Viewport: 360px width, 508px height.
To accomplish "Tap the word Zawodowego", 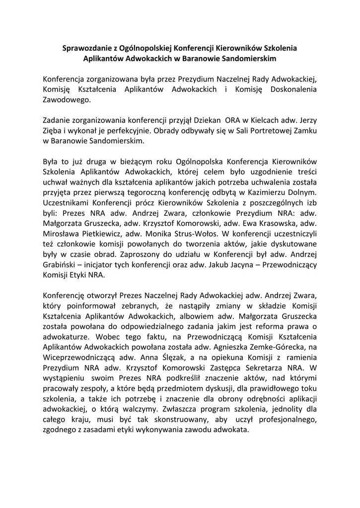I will tap(67, 100).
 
